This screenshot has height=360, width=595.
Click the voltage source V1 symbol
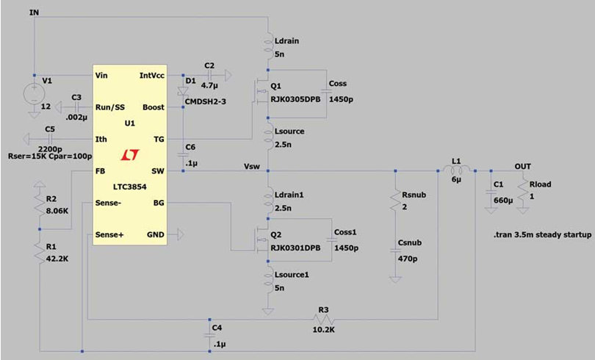[34, 94]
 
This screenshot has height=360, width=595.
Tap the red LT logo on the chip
[131, 155]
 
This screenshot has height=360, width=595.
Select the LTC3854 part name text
[129, 186]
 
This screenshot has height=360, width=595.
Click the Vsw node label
[253, 167]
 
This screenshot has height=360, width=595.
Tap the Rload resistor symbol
[522, 193]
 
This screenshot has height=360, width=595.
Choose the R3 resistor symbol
[322, 320]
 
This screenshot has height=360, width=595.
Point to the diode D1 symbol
[182, 93]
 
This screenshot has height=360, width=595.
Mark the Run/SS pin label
[110, 107]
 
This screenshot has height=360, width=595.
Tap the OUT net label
[522, 166]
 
